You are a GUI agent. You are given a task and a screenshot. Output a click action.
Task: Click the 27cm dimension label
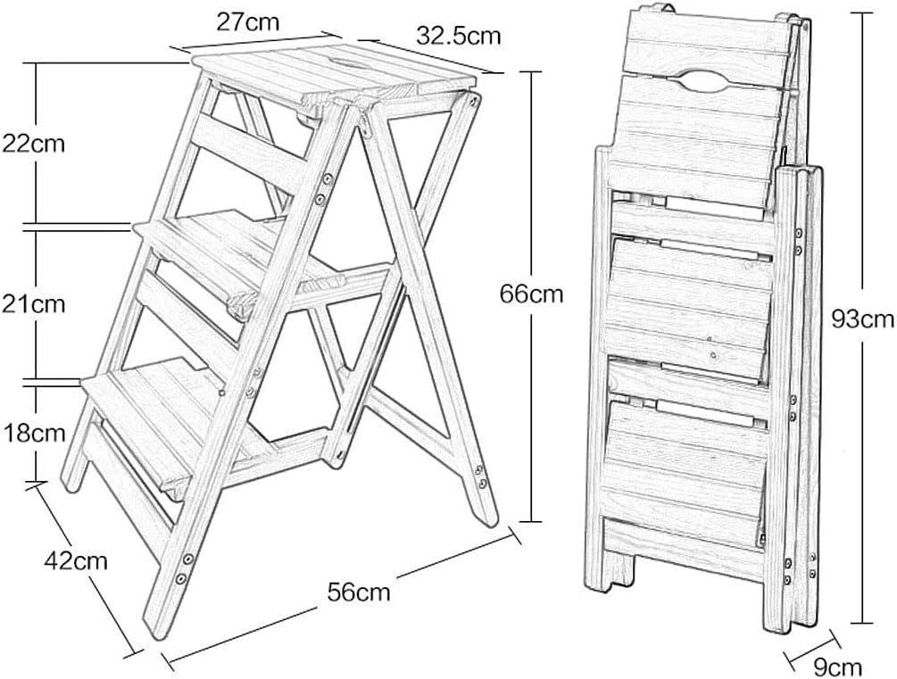click(248, 21)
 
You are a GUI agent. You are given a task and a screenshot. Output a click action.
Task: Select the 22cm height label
click(33, 143)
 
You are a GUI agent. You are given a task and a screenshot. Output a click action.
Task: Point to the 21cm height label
click(33, 303)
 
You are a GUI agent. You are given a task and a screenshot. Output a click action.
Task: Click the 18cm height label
click(33, 433)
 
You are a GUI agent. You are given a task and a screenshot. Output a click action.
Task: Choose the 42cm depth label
click(76, 560)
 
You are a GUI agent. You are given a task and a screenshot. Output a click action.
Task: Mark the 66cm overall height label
click(532, 293)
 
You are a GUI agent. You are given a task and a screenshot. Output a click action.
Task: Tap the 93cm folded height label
click(862, 318)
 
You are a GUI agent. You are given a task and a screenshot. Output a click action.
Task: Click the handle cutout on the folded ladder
click(711, 80)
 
